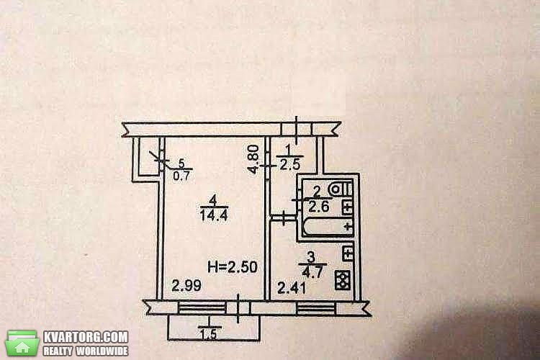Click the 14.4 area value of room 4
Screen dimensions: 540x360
pyautogui.click(x=214, y=215)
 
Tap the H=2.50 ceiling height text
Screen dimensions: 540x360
pyautogui.click(x=233, y=267)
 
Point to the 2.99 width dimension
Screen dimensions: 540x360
pyautogui.click(x=186, y=286)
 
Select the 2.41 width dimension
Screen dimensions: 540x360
pyautogui.click(x=292, y=288)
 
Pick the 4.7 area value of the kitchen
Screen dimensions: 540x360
pyautogui.click(x=312, y=272)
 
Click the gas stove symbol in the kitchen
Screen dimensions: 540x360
pyautogui.click(x=343, y=280)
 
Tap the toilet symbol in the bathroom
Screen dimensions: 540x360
pyautogui.click(x=341, y=189)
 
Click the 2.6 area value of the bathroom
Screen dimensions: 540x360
pyautogui.click(x=319, y=207)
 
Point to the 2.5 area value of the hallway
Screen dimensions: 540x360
pyautogui.click(x=290, y=165)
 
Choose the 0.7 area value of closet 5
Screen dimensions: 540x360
pyautogui.click(x=181, y=176)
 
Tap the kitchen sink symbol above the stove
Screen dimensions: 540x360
pyautogui.click(x=348, y=253)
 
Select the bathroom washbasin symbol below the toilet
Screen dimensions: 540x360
pyautogui.click(x=348, y=207)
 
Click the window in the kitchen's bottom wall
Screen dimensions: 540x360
pyautogui.click(x=316, y=308)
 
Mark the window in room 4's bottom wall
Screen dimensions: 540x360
pyautogui.click(x=202, y=308)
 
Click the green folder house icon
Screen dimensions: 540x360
pyautogui.click(x=23, y=343)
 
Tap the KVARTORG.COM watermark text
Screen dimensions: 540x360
pyautogui.click(x=86, y=337)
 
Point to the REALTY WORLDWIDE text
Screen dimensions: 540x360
pyautogui.click(x=86, y=351)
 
